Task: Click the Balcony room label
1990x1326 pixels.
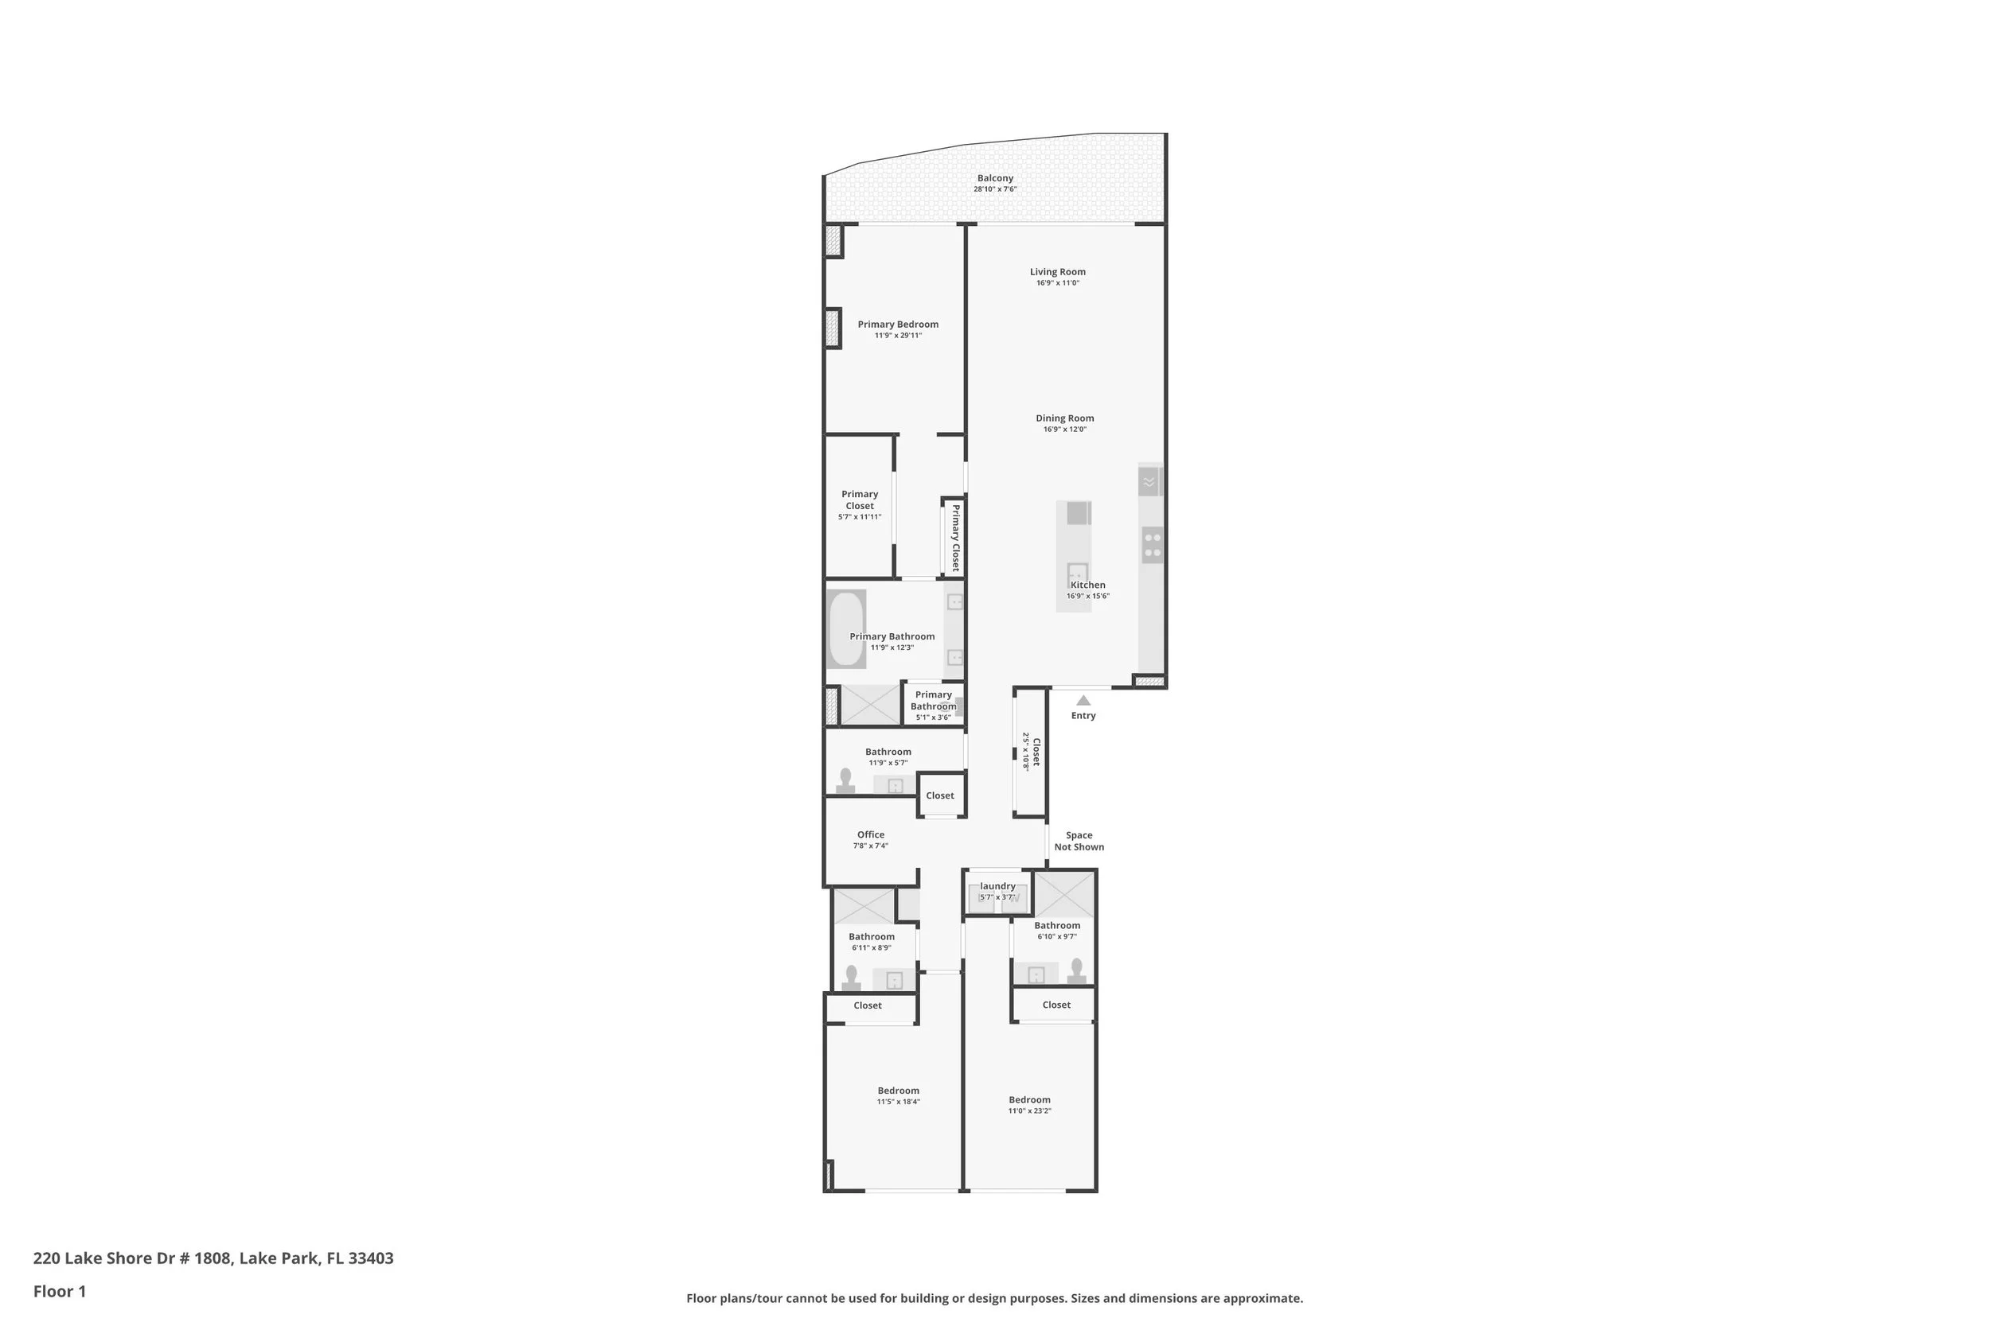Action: point(995,178)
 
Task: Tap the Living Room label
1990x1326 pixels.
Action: point(1058,272)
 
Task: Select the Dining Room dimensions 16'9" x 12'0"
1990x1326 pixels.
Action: point(1064,430)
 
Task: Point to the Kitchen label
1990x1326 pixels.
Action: point(1088,585)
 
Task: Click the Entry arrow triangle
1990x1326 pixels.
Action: point(1083,700)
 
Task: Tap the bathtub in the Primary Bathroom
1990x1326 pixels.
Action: point(846,629)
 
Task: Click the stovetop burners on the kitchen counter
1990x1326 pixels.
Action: point(1152,545)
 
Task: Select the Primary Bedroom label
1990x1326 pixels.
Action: point(898,325)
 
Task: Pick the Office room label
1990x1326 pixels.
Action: point(871,834)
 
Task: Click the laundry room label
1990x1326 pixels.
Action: point(997,886)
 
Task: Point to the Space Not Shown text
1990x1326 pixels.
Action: point(1079,842)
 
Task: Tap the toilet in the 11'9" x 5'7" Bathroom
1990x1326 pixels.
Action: point(845,780)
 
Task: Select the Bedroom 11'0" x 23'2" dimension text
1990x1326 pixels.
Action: point(1030,1111)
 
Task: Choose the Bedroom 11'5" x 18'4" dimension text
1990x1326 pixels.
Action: point(899,1102)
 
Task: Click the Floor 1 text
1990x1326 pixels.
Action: point(59,1291)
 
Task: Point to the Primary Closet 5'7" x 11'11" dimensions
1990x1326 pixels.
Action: point(860,517)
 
